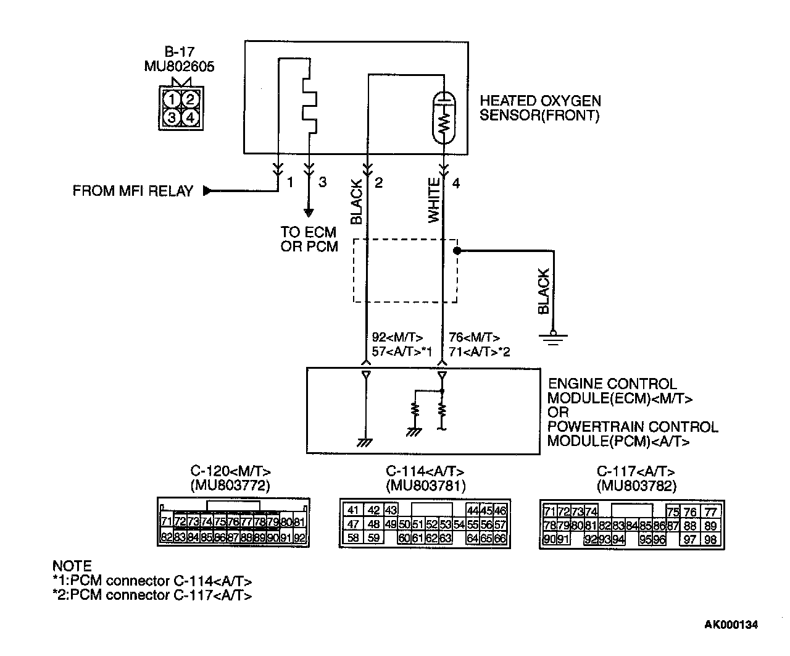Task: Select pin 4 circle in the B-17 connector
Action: [x=190, y=117]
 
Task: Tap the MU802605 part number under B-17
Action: [x=179, y=67]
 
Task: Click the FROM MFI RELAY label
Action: [x=133, y=191]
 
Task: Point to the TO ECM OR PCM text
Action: [x=309, y=239]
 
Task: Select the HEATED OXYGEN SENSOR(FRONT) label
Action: [x=540, y=108]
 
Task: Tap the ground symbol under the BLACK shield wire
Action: [x=553, y=337]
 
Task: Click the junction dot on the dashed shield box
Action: [x=457, y=251]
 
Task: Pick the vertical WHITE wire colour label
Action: [x=434, y=200]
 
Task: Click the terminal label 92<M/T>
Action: [x=397, y=337]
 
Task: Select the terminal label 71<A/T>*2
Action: [x=479, y=352]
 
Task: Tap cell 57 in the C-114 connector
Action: [x=501, y=524]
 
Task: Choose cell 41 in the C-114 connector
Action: [x=352, y=510]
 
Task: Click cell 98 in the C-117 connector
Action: [x=710, y=540]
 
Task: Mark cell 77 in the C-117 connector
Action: [x=711, y=511]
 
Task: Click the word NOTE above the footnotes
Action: [x=72, y=566]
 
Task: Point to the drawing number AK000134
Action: [x=731, y=624]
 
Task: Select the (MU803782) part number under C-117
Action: [x=636, y=486]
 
